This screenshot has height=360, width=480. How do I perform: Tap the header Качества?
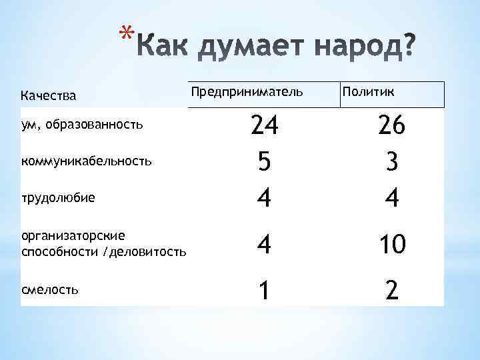click(x=49, y=96)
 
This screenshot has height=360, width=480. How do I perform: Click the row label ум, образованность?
click(x=82, y=125)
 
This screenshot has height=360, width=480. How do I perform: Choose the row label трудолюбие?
click(x=58, y=197)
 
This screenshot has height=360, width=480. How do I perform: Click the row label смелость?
click(x=51, y=289)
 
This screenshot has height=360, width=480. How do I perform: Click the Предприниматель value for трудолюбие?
click(x=264, y=199)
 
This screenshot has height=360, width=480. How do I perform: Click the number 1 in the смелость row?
click(x=264, y=291)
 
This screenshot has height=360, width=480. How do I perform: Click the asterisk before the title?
click(x=124, y=33)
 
